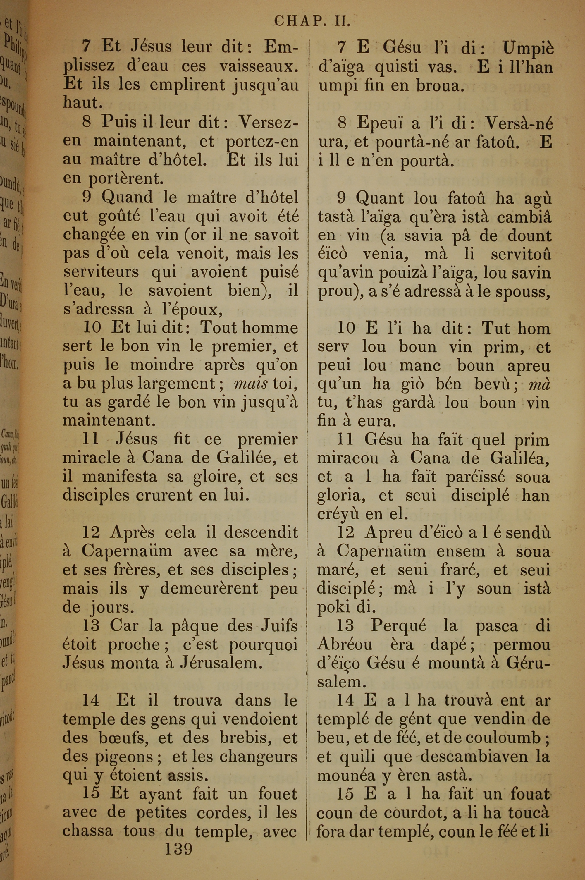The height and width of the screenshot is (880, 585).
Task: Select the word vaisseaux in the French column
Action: [259, 66]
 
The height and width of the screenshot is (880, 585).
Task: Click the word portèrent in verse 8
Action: [126, 179]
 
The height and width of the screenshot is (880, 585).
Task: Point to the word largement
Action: [175, 384]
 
